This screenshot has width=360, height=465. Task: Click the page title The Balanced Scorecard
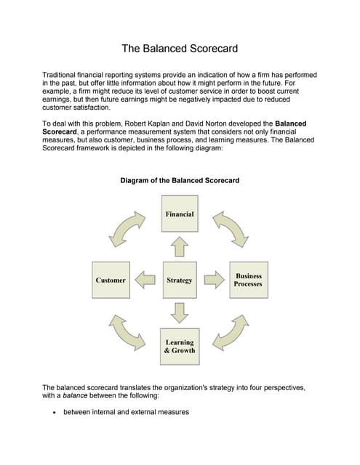[179, 49]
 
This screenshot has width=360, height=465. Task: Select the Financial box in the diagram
[180, 214]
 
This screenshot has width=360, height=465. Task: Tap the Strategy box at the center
[180, 280]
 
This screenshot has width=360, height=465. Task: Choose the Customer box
[111, 280]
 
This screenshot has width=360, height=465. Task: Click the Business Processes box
[248, 280]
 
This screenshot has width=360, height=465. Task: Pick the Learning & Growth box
[180, 346]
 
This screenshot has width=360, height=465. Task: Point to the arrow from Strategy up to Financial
[180, 248]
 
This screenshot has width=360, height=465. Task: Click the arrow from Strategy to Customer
[145, 280]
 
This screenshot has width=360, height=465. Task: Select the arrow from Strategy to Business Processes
[213, 280]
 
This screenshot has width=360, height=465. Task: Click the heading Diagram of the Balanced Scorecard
[180, 180]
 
